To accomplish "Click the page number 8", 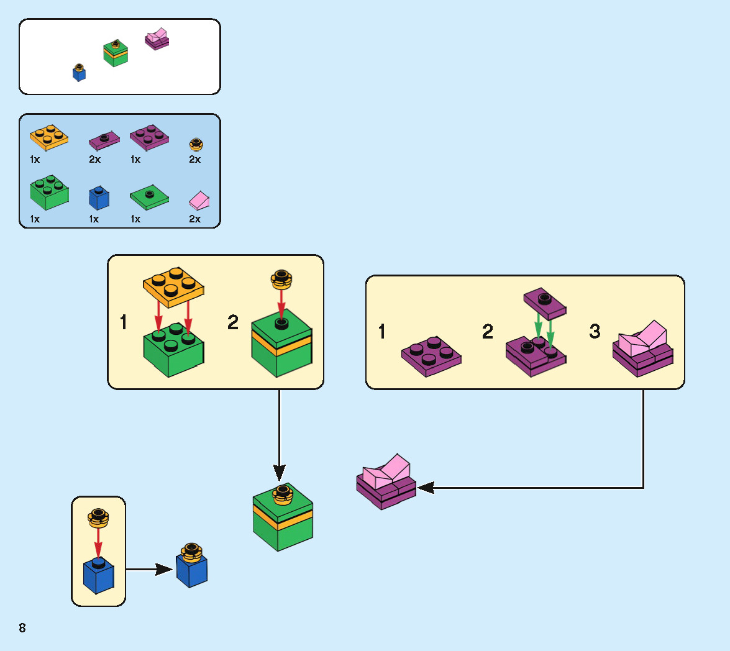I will coord(22,627).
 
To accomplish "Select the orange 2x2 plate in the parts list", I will coord(48,137).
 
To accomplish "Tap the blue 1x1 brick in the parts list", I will coord(99,198).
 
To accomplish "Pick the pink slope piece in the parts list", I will coord(199,200).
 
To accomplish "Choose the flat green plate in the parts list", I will coord(149,198).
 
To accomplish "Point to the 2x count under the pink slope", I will coord(195,219).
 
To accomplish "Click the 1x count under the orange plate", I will coord(35,159).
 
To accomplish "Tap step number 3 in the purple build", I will coord(595,332).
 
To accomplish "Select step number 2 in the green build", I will coord(233,322).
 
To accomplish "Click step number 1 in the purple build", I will coord(382,332).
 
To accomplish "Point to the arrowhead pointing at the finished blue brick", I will coord(164,568).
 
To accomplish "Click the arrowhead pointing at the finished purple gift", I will coord(426,488).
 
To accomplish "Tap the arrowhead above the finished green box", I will coord(280,475).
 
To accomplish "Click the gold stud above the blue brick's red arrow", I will coord(98,518).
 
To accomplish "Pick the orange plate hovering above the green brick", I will coord(173,285).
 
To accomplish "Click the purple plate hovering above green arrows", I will coord(545,303).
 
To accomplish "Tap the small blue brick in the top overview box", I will coord(79,73).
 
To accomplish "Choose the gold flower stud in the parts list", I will coord(196,145).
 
